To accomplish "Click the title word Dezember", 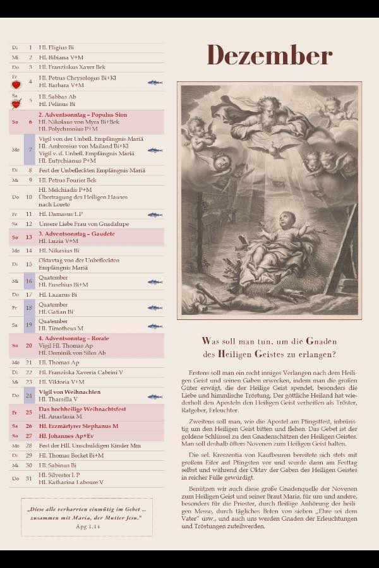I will [270, 56].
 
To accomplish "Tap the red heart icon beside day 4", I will [16, 83].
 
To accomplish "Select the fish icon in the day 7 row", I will [155, 151].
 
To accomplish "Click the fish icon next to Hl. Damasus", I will [155, 215].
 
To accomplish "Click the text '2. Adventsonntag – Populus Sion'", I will [75, 115].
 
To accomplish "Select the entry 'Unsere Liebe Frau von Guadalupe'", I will [79, 224].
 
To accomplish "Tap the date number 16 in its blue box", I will [29, 281].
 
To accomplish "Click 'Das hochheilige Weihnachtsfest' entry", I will [82, 409].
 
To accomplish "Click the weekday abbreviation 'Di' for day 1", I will [15, 47].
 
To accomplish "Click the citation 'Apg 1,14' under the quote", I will [87, 525].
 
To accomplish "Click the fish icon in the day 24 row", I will [155, 397].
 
